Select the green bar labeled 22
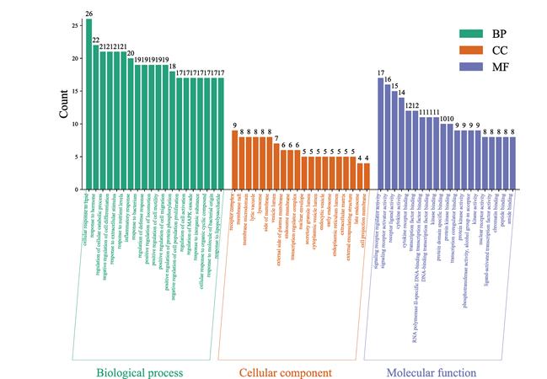[95, 117]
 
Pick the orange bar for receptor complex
[235, 159]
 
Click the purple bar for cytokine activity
[401, 143]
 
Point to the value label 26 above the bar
[88, 13]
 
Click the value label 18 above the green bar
[172, 67]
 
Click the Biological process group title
[139, 371]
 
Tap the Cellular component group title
[285, 371]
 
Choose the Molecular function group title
[431, 371]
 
